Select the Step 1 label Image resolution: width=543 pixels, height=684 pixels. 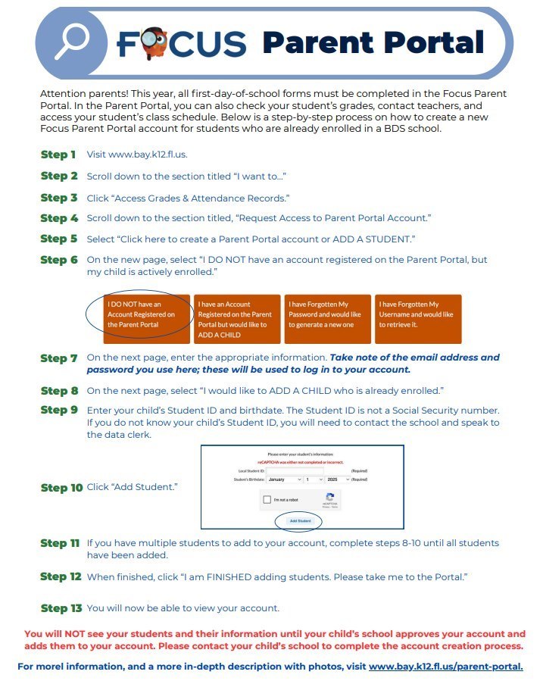click(58, 155)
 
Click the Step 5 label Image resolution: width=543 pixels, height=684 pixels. click(58, 239)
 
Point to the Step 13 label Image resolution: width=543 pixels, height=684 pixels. click(61, 608)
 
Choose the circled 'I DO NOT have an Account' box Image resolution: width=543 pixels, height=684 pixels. click(146, 314)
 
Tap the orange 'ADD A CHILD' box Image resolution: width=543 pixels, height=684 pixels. click(236, 319)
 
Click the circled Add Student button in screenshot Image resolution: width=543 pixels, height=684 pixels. click(298, 521)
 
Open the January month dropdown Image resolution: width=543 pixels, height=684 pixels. click(284, 479)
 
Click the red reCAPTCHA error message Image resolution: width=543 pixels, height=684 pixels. click(301, 461)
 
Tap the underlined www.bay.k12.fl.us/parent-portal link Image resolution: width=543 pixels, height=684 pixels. click(445, 667)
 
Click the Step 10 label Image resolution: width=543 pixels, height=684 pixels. click(61, 487)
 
